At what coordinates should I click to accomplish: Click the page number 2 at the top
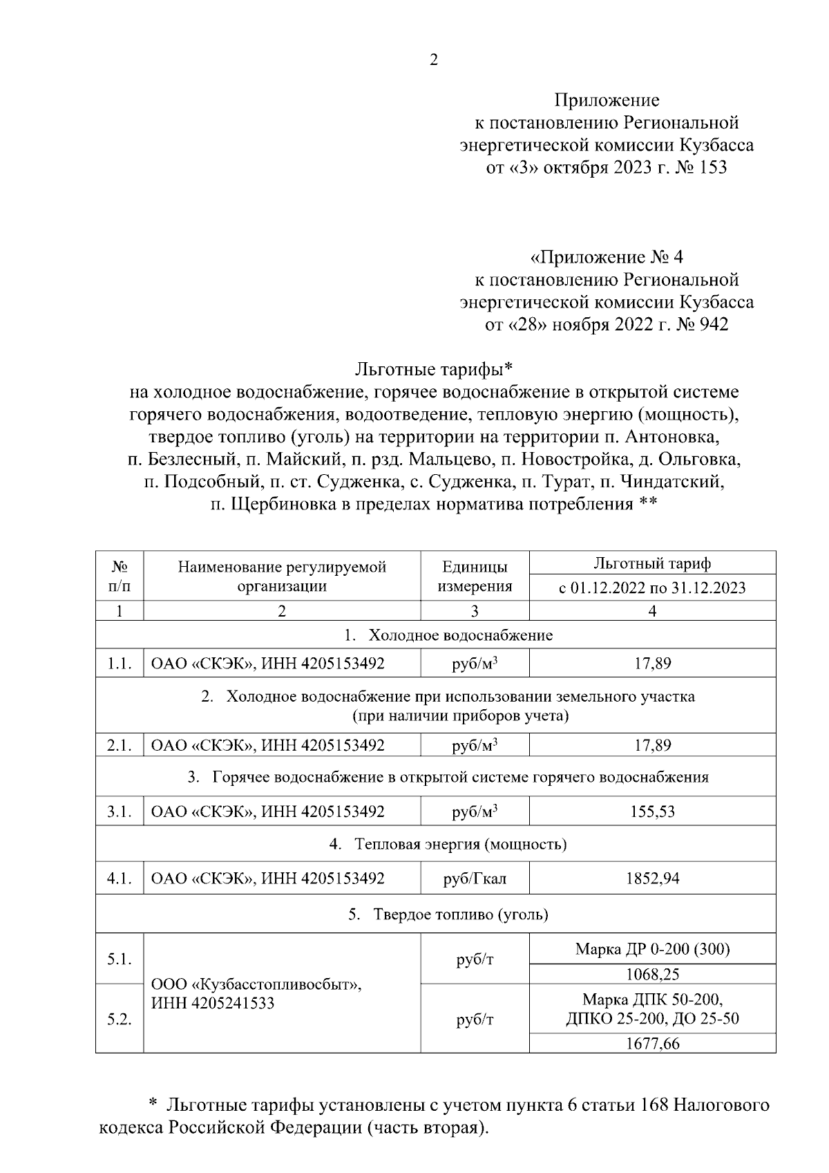pos(434,60)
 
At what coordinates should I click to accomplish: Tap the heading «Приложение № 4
pos(606,258)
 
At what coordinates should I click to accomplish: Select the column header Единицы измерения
pos(475,576)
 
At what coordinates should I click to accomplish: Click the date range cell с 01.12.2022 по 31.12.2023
pos(652,588)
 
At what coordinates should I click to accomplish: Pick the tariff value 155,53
pos(652,811)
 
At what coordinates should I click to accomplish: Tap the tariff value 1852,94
pos(652,879)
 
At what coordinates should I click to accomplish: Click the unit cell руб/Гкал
pos(475,879)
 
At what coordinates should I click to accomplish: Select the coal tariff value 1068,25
pos(652,975)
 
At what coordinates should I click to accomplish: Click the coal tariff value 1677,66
pos(652,1043)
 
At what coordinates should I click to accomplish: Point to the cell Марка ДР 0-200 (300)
pos(652,949)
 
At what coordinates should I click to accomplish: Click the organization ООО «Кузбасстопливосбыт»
pos(257,984)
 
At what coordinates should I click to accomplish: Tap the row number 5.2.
pos(120,1020)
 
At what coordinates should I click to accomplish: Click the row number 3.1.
pos(120,811)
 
